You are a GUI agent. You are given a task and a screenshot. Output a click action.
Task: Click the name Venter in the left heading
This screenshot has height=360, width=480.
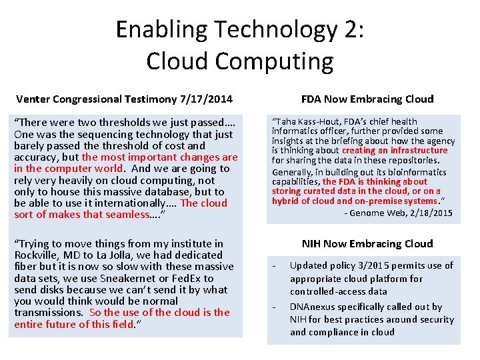coord(34,99)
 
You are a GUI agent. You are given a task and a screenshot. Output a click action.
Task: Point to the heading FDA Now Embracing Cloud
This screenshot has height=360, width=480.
coord(367,99)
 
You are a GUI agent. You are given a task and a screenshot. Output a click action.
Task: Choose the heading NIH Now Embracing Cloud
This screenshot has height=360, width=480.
coord(367,243)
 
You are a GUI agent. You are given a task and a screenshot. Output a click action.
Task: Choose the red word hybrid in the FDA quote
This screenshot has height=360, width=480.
coord(285,201)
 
